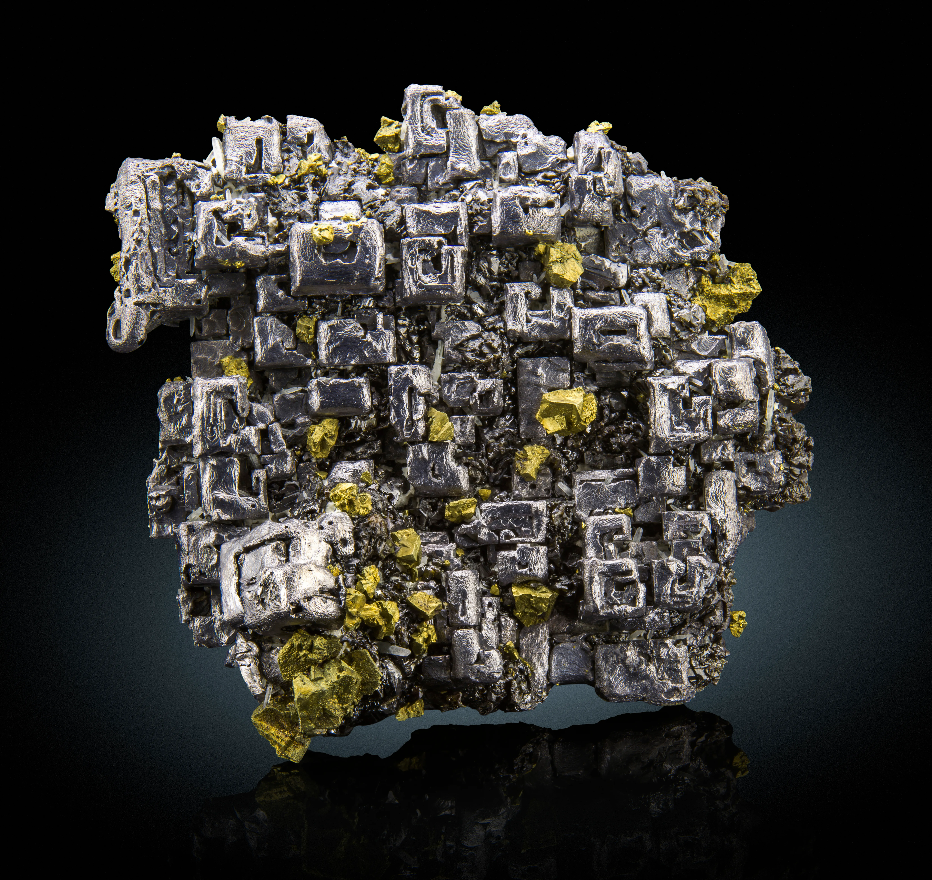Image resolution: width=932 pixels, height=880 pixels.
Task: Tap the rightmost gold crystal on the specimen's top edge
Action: pyautogui.click(x=599, y=127)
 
